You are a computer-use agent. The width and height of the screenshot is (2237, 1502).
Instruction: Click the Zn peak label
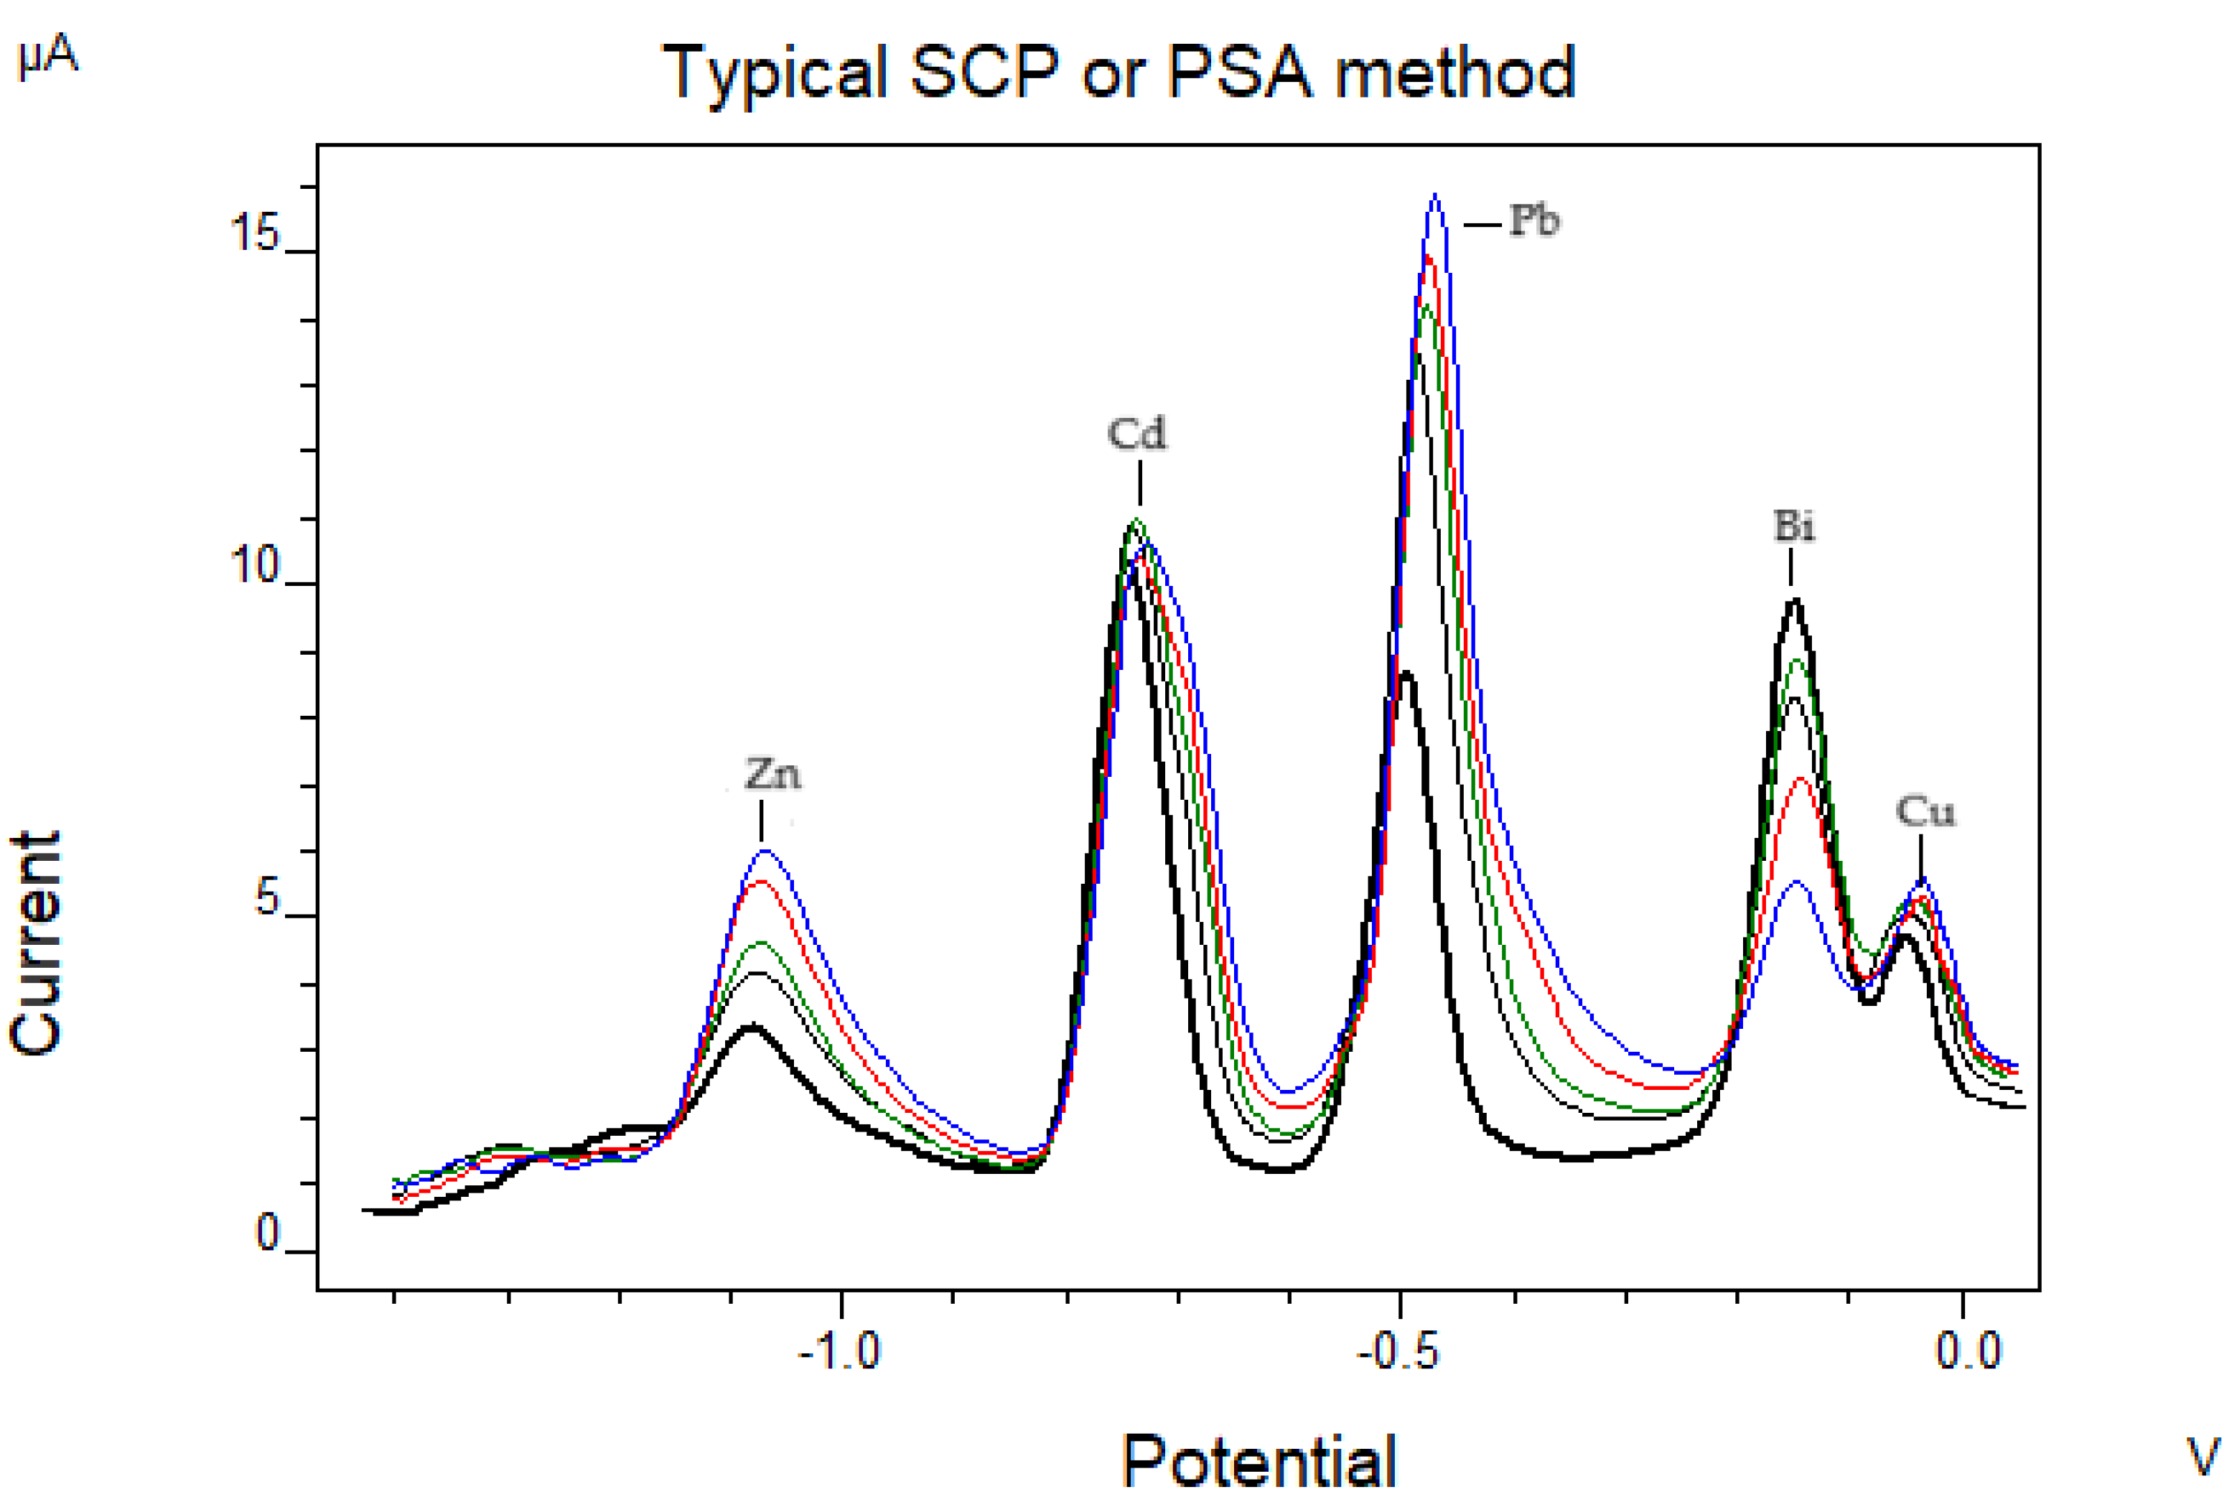point(772,774)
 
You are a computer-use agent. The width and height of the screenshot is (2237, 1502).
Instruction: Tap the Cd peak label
point(1138,434)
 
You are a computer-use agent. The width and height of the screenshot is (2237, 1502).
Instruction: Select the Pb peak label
point(1535,221)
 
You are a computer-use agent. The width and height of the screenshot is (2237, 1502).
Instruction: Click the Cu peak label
point(1925,812)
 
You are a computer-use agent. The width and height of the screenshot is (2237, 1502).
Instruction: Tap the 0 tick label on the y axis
point(267,1233)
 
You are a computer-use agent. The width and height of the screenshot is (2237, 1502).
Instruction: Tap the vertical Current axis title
point(37,943)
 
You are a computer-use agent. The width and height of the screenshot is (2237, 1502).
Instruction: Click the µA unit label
point(48,57)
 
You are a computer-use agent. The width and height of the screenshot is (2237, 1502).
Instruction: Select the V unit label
point(2203,1457)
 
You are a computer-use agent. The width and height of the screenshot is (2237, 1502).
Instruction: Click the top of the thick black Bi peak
point(1795,601)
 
